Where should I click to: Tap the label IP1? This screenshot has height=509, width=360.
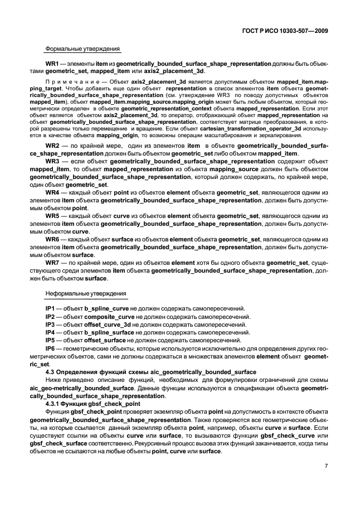tap(50, 308)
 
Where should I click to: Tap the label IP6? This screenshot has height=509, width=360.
tap(50, 347)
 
